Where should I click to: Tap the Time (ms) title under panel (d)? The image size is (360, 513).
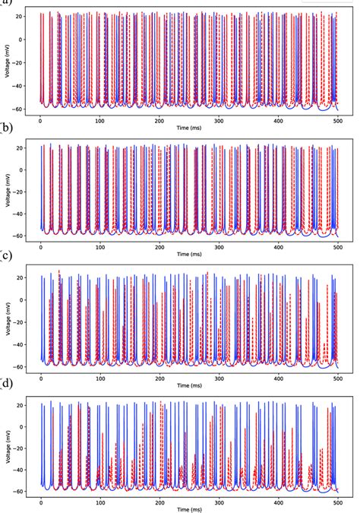pos(190,507)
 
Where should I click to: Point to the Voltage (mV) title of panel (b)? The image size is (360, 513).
pos(8,189)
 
